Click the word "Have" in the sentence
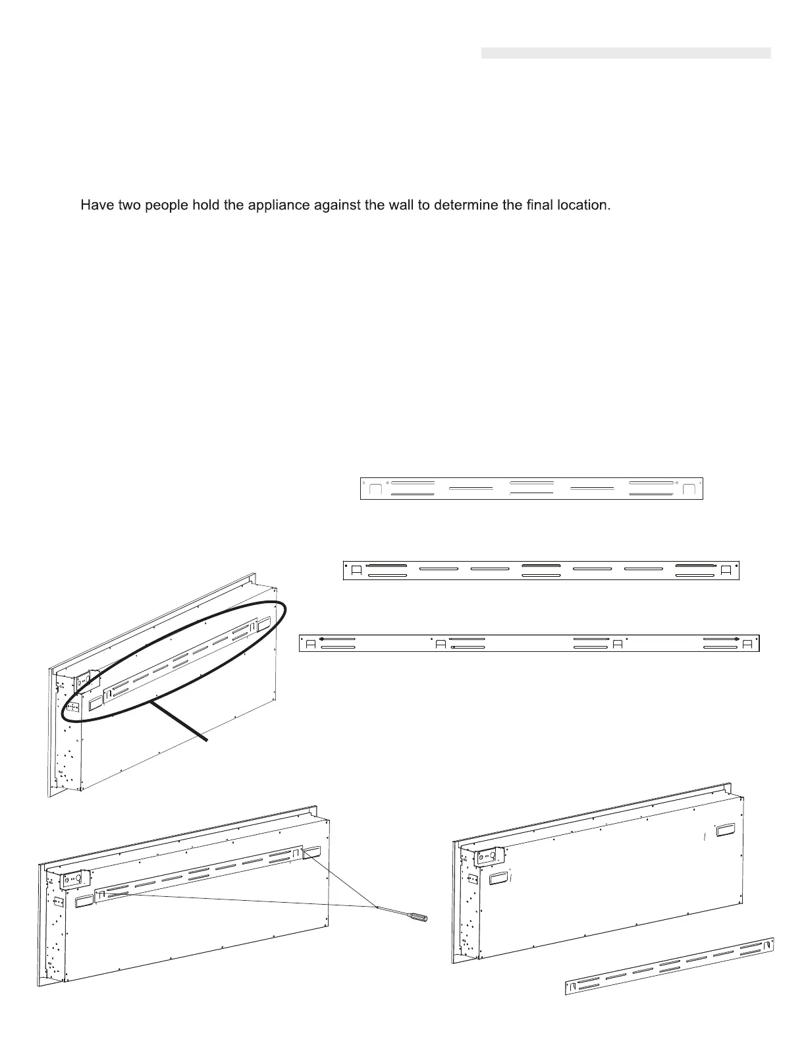(x=95, y=205)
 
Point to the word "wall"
(x=410, y=205)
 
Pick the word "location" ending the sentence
(x=583, y=205)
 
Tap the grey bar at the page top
(x=626, y=53)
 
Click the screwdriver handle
(x=417, y=915)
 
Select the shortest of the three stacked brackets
(x=531, y=489)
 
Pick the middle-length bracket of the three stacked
(x=541, y=570)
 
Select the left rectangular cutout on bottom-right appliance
(x=498, y=877)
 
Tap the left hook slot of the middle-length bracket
(x=356, y=570)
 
